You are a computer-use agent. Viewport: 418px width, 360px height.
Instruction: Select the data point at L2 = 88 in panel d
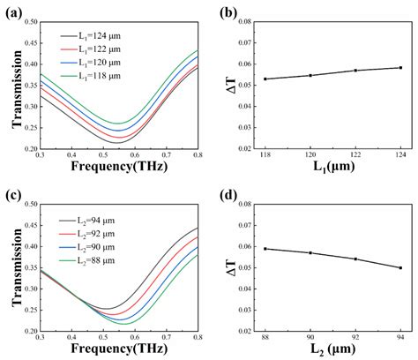pyautogui.click(x=265, y=248)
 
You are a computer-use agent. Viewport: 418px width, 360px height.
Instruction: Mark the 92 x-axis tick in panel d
pyautogui.click(x=355, y=338)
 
